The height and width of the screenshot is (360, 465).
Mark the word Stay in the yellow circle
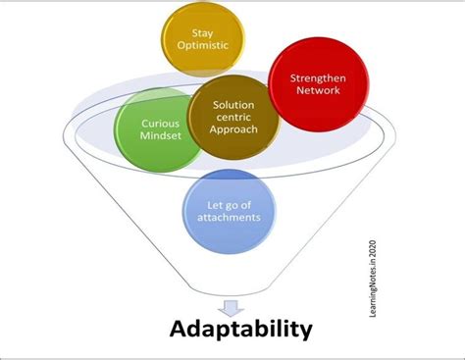(x=203, y=32)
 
